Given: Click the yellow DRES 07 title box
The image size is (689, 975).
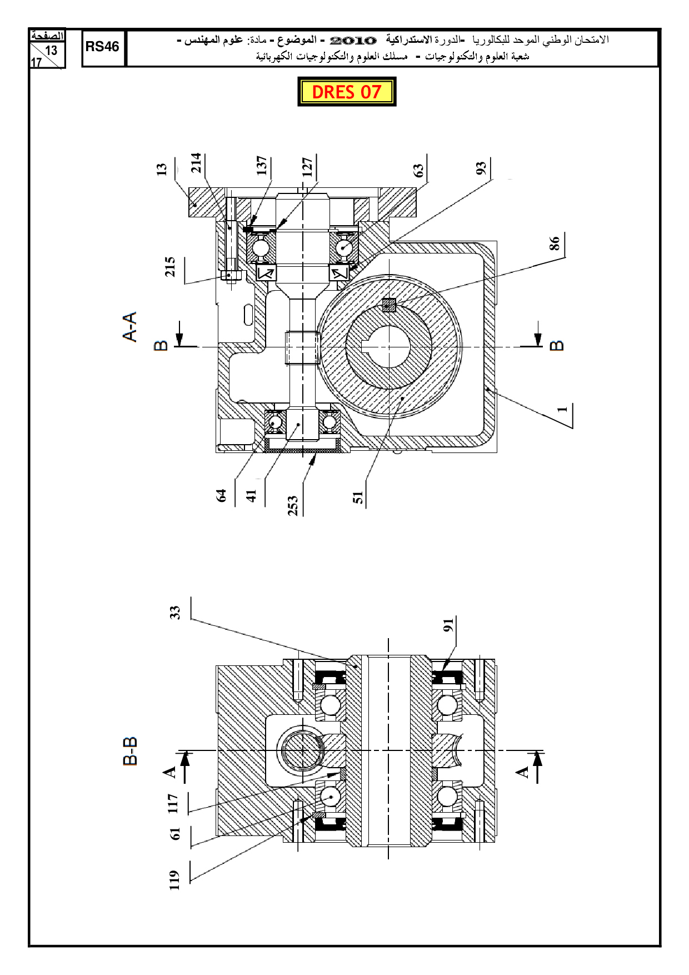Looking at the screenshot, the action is coord(347,92).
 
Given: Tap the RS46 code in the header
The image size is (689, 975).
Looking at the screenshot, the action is coord(102,47).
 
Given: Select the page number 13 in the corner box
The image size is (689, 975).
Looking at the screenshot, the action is coord(51,51).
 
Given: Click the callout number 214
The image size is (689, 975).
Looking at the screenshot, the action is coord(196,163).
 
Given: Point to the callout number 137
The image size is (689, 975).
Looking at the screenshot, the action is coord(262,165).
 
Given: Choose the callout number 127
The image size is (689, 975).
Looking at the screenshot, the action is coord(307,167).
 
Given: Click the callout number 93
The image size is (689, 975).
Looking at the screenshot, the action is coord(481,167).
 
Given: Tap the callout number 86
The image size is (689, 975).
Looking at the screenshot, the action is coord(555,243).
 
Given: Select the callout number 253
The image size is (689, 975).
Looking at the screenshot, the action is coord(293,505).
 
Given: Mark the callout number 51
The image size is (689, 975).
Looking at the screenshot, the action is coord(358,497).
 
